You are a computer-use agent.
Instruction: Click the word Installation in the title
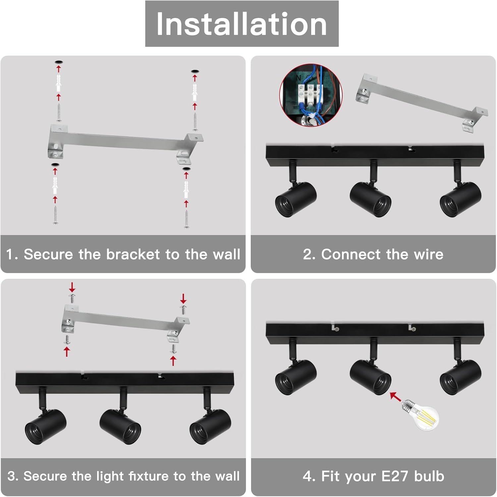coord(242,24)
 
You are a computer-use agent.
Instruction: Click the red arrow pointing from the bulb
coord(395,397)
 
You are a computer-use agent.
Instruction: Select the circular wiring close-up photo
coord(311,95)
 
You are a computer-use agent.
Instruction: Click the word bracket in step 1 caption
coord(133,254)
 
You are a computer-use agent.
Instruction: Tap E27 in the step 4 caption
coord(395,476)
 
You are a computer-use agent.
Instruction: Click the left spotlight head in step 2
coord(296,200)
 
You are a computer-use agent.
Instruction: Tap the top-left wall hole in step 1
coord(59,62)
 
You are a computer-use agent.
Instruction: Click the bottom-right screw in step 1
coord(187,219)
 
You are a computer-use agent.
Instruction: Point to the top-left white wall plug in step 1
coord(58,83)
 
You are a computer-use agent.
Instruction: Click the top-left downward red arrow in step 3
coord(72,287)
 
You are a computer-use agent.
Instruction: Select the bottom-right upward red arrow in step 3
coord(173,360)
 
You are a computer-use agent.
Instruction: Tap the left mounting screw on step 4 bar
coord(337,329)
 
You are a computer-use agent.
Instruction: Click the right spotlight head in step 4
coord(461,377)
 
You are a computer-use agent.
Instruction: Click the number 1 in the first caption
coord(9,254)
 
